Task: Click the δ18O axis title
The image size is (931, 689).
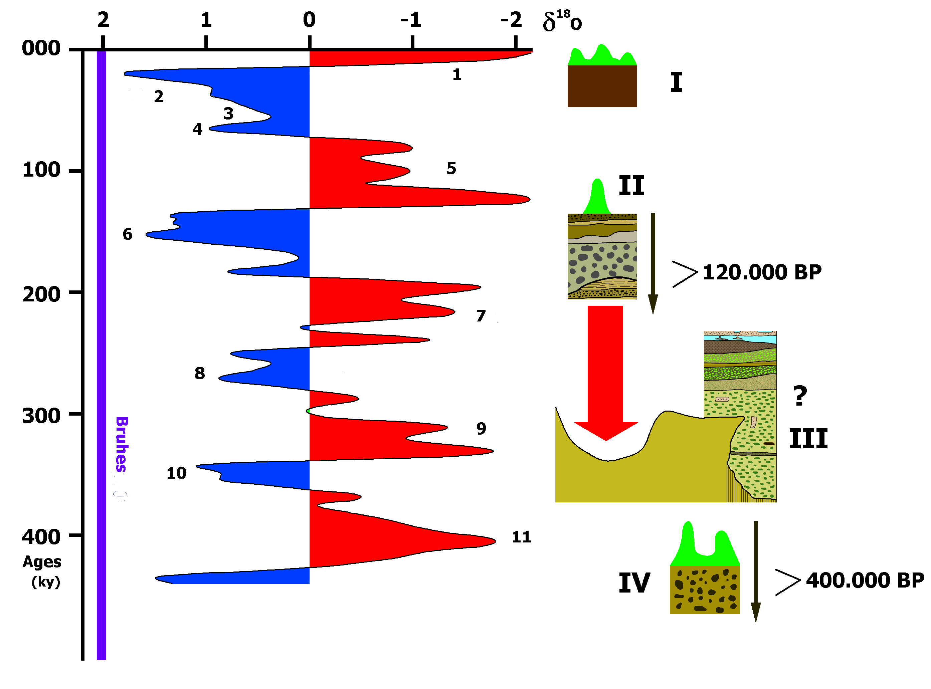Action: pyautogui.click(x=562, y=21)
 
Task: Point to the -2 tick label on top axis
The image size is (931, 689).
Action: pyautogui.click(x=511, y=20)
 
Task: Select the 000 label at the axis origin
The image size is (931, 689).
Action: pyautogui.click(x=41, y=48)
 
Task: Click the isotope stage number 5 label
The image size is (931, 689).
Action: pyautogui.click(x=451, y=169)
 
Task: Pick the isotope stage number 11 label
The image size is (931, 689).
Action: pyautogui.click(x=521, y=537)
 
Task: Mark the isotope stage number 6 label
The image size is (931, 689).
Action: pyautogui.click(x=128, y=234)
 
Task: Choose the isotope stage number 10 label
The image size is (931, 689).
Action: pyautogui.click(x=176, y=473)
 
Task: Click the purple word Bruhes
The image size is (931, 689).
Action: pyautogui.click(x=121, y=444)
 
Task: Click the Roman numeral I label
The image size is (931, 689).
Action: pyautogui.click(x=676, y=82)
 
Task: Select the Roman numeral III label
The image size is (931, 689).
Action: pyautogui.click(x=808, y=439)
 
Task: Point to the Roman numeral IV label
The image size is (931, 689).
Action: pyautogui.click(x=634, y=583)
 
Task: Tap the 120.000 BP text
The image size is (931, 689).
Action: pyautogui.click(x=762, y=272)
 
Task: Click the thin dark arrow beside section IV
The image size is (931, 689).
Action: pyautogui.click(x=756, y=572)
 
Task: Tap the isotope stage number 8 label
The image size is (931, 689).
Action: pyautogui.click(x=200, y=373)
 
